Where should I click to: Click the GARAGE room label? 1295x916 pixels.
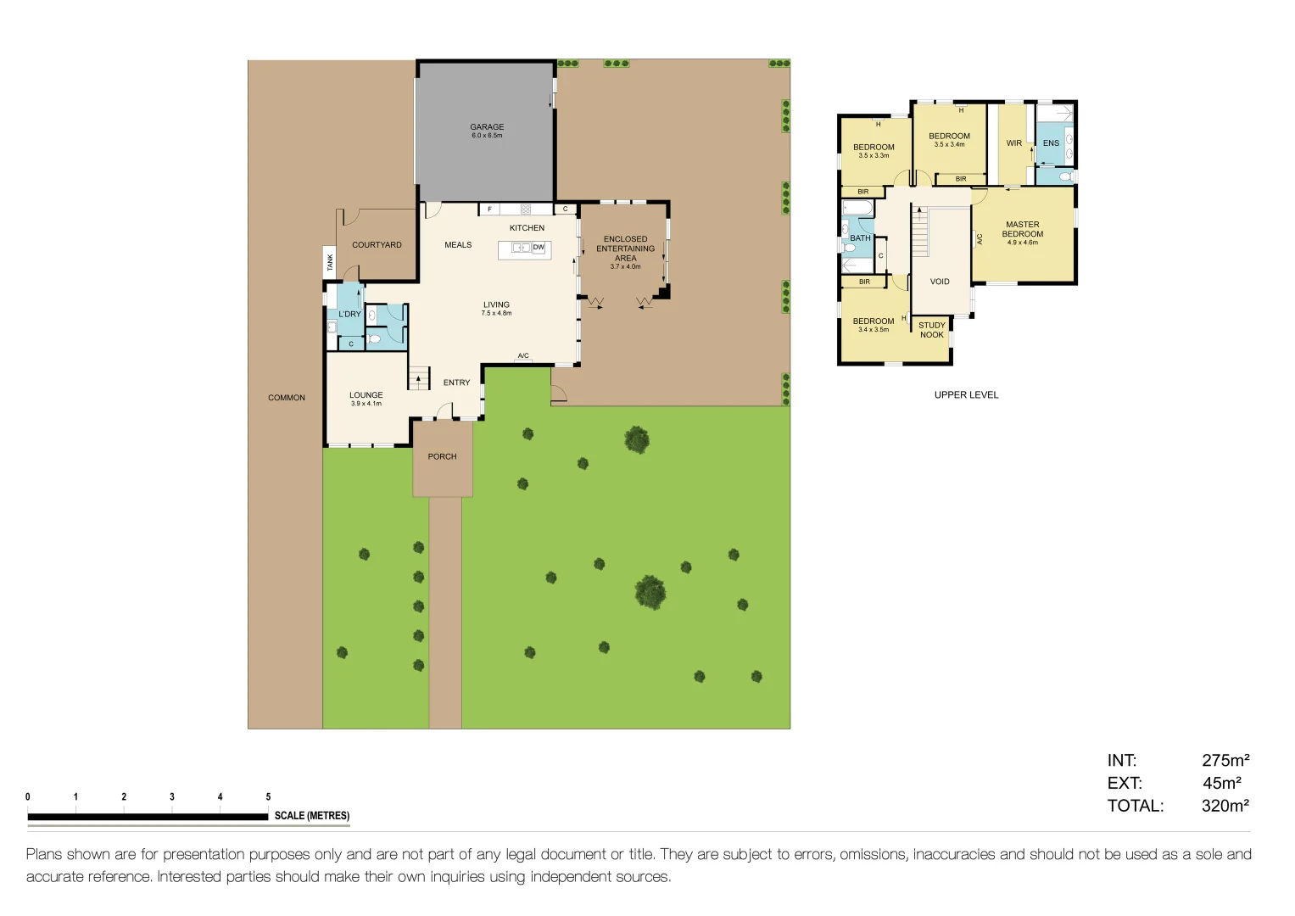click(487, 127)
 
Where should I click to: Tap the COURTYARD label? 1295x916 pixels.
click(377, 245)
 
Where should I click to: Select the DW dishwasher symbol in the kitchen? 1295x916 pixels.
click(539, 248)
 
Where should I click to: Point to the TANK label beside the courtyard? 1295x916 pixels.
click(331, 263)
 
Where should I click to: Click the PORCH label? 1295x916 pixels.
click(442, 456)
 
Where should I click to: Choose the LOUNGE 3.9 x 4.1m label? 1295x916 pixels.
click(366, 399)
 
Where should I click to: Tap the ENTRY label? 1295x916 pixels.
click(456, 383)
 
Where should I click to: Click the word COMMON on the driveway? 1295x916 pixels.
click(287, 398)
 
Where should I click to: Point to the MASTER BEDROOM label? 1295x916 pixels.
click(1022, 230)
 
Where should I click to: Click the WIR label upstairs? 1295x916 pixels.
click(1013, 143)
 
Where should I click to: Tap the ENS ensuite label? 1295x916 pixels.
click(1051, 143)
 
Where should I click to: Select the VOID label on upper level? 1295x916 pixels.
click(940, 282)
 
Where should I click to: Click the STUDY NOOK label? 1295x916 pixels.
click(931, 330)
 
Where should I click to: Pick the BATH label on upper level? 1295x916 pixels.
click(860, 238)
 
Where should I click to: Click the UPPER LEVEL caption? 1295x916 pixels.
click(966, 395)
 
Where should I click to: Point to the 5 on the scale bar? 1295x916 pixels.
click(268, 797)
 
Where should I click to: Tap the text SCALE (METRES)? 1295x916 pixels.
click(311, 816)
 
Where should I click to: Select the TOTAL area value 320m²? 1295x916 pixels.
click(1225, 806)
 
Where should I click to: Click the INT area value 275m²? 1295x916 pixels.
click(1225, 761)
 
